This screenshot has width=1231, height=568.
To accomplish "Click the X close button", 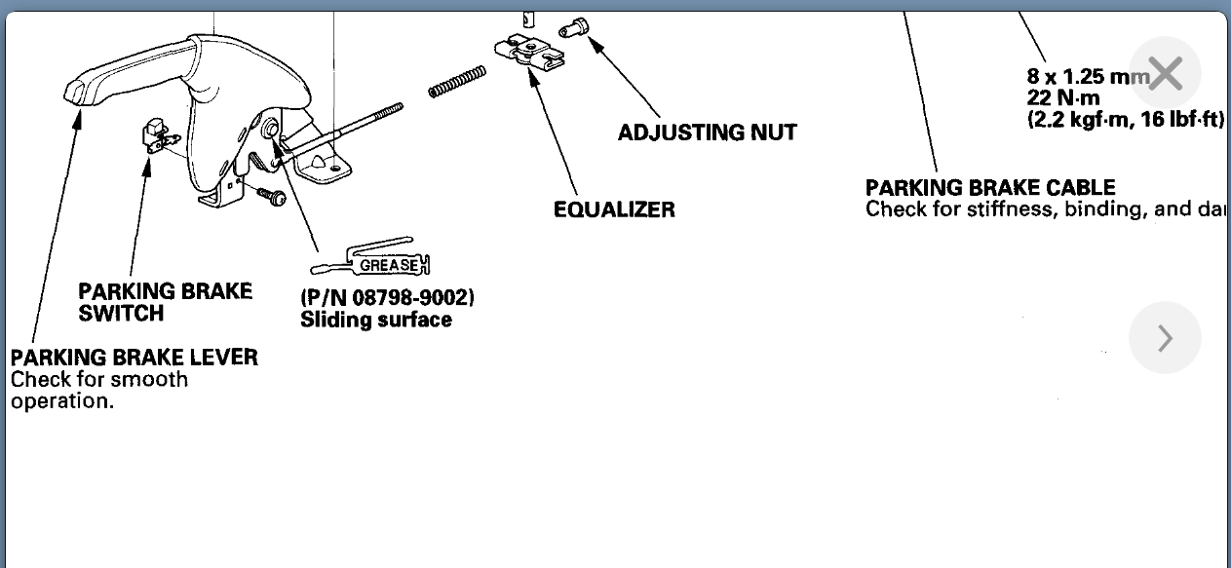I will coord(1165,73).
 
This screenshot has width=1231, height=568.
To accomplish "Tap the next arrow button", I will coord(1165,338).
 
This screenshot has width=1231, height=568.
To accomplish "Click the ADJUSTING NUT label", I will coord(707,133).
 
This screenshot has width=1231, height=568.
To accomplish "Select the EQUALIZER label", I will coord(614,209).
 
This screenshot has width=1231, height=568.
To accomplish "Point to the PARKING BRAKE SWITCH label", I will coord(165,302).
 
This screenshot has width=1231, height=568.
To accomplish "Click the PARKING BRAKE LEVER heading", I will coord(135,357).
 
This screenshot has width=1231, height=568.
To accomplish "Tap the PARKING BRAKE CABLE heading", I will coord(990,187).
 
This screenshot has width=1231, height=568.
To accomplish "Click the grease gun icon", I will coord(371,261).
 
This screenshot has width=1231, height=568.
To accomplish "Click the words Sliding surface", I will coord(376,320).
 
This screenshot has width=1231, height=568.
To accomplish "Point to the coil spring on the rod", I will coord(457,82).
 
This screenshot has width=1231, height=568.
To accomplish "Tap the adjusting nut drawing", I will coord(576,28).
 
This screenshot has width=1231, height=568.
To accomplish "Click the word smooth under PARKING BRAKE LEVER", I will coord(148,379).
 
